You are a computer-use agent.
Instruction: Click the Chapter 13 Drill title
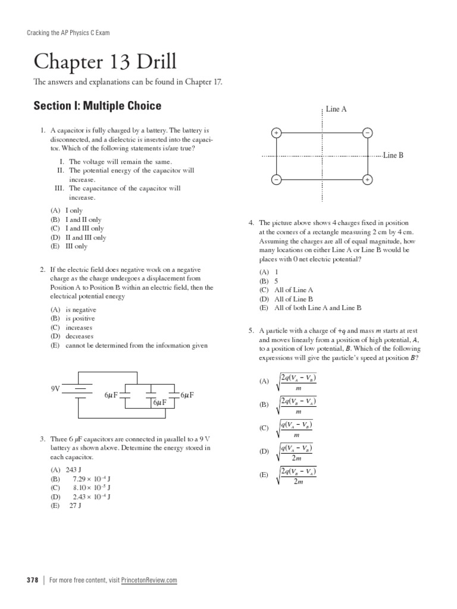[x=105, y=62]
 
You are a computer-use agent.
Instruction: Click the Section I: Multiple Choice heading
[x=97, y=106]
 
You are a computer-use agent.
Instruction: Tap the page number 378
[x=33, y=580]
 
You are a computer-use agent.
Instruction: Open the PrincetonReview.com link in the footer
[x=149, y=580]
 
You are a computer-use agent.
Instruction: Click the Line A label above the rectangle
[x=336, y=109]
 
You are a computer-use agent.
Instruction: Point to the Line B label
[x=393, y=155]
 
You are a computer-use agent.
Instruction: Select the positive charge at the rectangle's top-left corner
[x=276, y=133]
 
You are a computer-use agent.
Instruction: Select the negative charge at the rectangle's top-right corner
[x=368, y=133]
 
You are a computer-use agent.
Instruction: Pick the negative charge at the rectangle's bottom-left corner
[x=276, y=179]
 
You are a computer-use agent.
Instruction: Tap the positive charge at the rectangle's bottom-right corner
[x=368, y=179]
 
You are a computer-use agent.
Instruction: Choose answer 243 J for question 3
[x=72, y=470]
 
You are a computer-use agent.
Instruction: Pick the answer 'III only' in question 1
[x=76, y=246]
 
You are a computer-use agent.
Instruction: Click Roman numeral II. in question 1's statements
[x=60, y=170]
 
